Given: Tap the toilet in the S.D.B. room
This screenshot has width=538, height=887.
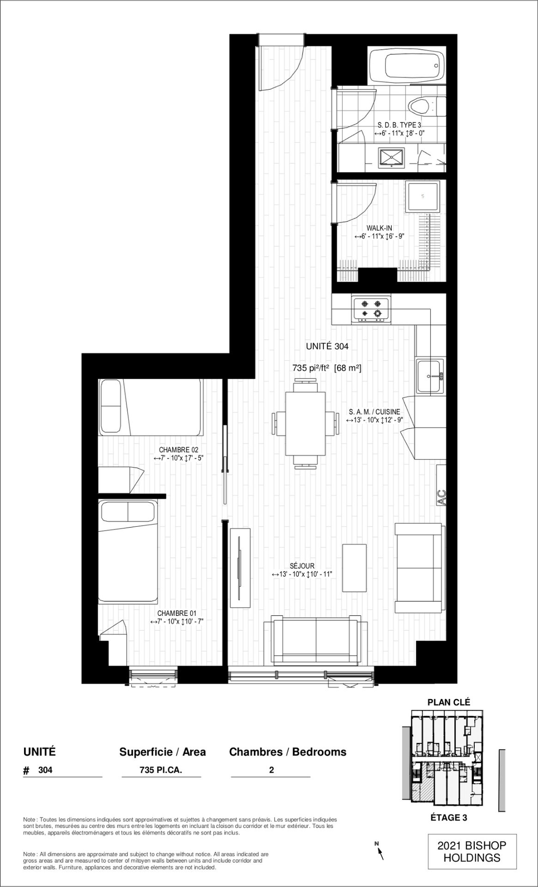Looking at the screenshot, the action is pyautogui.click(x=427, y=106).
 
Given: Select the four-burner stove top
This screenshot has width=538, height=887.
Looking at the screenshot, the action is pyautogui.click(x=371, y=310).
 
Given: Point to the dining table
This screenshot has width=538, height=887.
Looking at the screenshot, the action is pyautogui.click(x=305, y=424).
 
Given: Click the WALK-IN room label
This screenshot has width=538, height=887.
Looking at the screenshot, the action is pyautogui.click(x=379, y=228).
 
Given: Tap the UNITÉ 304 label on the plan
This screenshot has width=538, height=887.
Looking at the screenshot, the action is pyautogui.click(x=327, y=346).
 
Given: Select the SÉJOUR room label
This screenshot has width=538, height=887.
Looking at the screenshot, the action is pyautogui.click(x=302, y=566).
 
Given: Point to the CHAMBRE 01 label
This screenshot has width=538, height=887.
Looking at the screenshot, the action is pyautogui.click(x=177, y=614).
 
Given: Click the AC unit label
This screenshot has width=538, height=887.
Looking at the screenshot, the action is pyautogui.click(x=442, y=497).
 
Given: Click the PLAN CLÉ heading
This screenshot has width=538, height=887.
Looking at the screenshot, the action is pyautogui.click(x=449, y=702).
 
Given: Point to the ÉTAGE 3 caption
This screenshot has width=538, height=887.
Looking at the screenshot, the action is pyautogui.click(x=449, y=818).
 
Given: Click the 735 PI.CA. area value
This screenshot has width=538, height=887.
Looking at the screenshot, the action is pyautogui.click(x=161, y=770).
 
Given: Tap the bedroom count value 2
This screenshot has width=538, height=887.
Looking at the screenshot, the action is pyautogui.click(x=271, y=770).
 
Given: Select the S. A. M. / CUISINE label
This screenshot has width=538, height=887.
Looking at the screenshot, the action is pyautogui.click(x=375, y=412).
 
